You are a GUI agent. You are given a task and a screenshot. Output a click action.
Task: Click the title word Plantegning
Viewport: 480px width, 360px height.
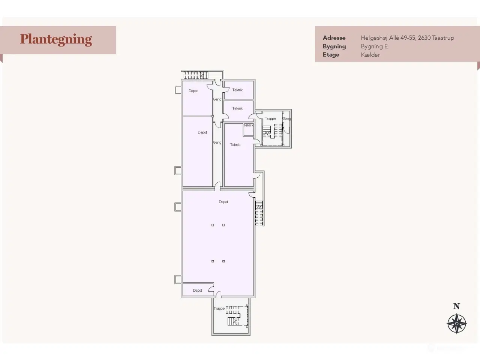56,40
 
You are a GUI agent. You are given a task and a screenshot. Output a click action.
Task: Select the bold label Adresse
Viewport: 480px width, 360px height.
334,38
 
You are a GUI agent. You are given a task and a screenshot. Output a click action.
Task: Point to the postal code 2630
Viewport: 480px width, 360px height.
424,38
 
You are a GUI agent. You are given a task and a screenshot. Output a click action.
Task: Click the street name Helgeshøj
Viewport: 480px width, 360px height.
374,38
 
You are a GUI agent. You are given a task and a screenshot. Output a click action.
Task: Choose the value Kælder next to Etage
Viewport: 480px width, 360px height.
370,55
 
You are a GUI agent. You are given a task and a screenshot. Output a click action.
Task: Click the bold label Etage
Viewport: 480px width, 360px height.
331,55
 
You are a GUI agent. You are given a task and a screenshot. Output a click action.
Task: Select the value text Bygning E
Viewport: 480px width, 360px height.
374,46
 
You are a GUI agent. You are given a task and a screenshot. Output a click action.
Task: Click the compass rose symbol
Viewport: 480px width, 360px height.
457,324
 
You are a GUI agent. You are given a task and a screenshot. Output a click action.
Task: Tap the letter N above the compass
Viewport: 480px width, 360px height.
456,306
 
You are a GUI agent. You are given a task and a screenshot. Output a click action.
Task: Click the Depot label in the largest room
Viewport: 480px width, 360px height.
223,202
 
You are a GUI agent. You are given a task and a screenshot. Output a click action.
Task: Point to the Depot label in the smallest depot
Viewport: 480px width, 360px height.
198,290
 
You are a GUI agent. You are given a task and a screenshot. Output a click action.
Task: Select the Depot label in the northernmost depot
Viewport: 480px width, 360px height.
193,91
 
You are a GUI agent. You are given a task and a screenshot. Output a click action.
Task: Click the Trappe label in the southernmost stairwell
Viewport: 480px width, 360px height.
219,308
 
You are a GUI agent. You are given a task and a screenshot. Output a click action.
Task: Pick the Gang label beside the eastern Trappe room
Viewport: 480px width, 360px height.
287,119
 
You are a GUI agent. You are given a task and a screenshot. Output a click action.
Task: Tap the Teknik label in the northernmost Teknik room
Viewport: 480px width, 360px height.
237,90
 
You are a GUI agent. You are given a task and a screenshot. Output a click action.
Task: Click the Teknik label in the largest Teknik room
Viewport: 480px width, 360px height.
235,145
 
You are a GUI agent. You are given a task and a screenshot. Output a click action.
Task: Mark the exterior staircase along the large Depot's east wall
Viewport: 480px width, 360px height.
259,213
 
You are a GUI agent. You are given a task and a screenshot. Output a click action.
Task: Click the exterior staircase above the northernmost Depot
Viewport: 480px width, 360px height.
196,75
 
